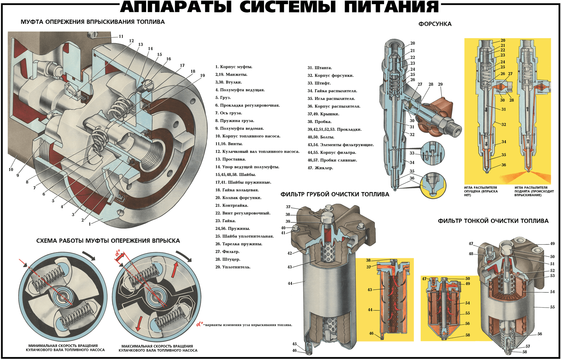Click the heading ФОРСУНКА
(435, 24)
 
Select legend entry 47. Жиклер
(320, 168)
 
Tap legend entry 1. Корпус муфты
(234, 67)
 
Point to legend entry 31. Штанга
(319, 68)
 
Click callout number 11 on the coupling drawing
(121, 36)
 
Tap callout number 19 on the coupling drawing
(202, 75)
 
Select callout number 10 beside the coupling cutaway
(11, 169)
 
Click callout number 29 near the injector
(440, 84)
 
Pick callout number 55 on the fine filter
(552, 307)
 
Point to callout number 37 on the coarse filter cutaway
(288, 207)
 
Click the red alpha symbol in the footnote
(200, 324)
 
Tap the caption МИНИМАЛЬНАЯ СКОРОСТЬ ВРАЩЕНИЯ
(63, 346)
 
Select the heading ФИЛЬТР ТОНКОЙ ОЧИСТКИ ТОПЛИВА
(493, 221)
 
